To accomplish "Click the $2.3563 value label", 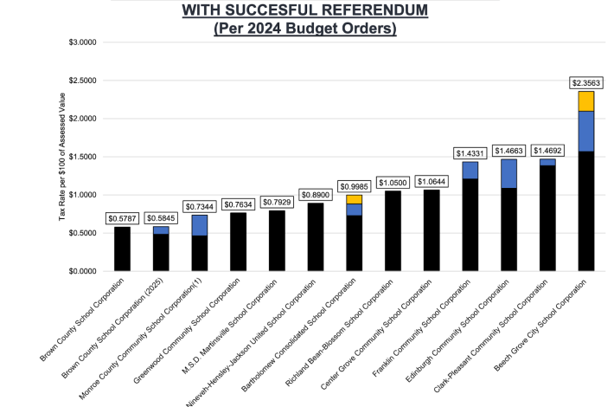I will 586,83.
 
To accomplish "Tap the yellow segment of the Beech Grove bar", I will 586,100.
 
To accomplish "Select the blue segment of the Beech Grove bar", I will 586,131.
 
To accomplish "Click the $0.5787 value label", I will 122,218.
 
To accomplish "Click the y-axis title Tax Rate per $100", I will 62,156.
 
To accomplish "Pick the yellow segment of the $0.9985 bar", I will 354,199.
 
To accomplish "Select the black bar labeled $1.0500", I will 393,230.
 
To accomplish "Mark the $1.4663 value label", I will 508,151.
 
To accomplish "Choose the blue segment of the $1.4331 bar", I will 470,170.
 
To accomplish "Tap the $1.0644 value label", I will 432,181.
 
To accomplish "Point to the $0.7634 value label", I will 238,204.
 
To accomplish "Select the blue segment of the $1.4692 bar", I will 547,162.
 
